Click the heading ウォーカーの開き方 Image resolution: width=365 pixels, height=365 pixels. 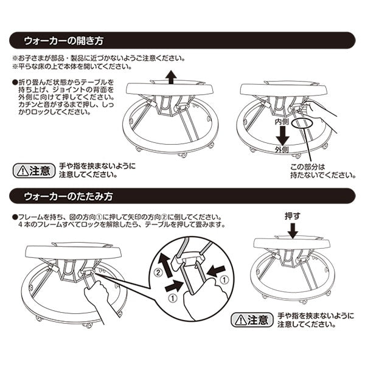(64, 41)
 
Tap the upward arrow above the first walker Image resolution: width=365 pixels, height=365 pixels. (172, 77)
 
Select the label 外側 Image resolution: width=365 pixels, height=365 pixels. (280, 149)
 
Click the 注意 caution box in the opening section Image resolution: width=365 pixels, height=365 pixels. (33, 170)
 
